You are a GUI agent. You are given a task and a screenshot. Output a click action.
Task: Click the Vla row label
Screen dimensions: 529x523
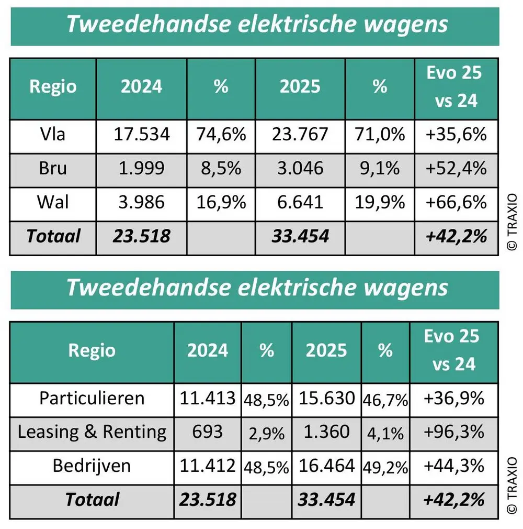coord(53,135)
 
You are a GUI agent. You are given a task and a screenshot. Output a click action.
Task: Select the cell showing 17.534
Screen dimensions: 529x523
coord(142,135)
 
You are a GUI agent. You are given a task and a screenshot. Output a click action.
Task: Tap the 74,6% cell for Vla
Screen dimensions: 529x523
coord(221,135)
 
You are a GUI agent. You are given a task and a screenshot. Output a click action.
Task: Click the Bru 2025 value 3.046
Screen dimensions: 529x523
coord(300,168)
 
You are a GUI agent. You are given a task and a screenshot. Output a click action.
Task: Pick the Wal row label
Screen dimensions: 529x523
coord(53,202)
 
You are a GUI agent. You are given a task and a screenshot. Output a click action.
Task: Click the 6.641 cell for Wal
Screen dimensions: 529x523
coord(300,202)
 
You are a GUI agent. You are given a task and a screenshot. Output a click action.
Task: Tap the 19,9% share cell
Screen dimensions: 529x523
coord(380,202)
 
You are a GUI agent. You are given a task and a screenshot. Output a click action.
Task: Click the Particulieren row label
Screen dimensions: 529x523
coord(92,398)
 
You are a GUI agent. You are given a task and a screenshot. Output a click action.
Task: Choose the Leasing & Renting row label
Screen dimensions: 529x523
coord(92,432)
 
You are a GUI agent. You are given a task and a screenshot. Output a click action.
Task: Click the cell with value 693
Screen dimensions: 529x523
coord(207,432)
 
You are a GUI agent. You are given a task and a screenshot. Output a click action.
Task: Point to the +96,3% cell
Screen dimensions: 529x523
coord(454,432)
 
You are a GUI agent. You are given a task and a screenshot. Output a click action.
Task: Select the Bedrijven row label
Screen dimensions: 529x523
coord(92,466)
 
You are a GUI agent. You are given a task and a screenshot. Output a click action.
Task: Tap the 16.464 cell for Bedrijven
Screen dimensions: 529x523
coord(326,466)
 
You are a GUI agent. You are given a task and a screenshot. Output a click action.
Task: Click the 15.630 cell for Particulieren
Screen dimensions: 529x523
coord(326,398)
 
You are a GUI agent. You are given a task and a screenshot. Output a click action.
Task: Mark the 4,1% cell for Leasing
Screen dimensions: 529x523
coord(385,433)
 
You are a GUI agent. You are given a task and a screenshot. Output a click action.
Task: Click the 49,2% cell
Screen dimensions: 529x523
coord(385,467)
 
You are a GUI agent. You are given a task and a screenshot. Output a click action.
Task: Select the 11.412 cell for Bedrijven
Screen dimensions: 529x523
coord(207,466)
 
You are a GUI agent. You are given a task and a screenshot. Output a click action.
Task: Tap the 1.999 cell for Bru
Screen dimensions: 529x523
coord(142,168)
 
